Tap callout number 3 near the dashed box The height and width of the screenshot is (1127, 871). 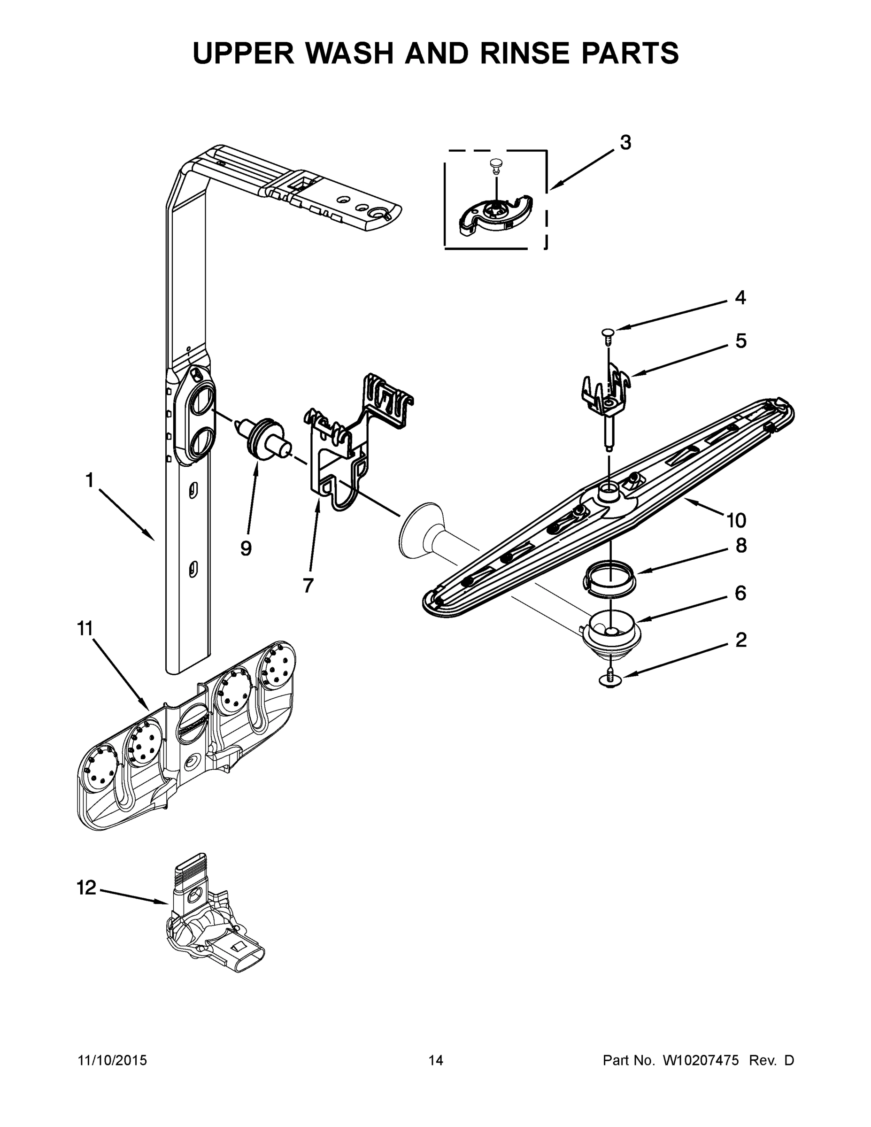625,143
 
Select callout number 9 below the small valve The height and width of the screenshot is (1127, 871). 246,548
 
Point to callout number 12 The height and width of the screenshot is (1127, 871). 86,888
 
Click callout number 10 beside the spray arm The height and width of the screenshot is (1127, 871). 736,521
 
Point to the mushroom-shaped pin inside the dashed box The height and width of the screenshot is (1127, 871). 495,164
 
